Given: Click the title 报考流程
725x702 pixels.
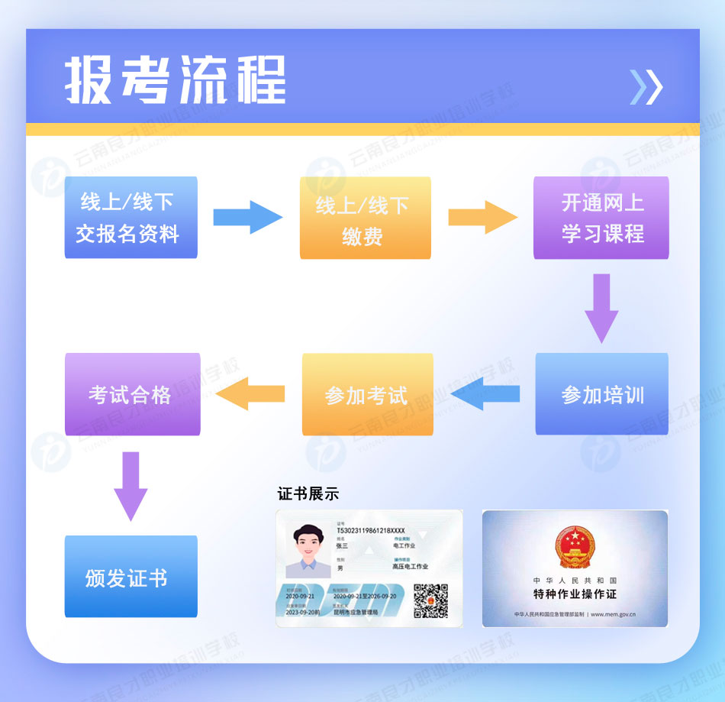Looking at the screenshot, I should point(176,79).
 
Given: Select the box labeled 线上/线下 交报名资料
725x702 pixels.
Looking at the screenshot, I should point(130,218).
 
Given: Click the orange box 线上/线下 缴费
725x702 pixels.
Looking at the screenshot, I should point(365,218).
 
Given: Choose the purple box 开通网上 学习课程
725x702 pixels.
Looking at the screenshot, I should point(601,218).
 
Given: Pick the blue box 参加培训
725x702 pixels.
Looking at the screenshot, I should point(601,394).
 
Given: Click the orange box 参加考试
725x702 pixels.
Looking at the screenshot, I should point(367,394).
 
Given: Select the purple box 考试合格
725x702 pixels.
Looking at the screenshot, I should point(132,394).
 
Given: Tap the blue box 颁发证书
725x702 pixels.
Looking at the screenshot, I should point(130,577).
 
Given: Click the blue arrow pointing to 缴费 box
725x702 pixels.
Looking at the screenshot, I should point(247,218).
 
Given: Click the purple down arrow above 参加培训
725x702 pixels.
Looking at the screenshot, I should point(601,307).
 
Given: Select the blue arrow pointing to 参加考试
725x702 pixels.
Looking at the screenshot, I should point(485,393).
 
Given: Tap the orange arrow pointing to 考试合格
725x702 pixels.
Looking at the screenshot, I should point(251,393).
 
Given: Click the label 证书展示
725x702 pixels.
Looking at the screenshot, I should point(308,493).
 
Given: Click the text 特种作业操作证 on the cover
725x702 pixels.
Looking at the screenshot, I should point(575,594).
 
